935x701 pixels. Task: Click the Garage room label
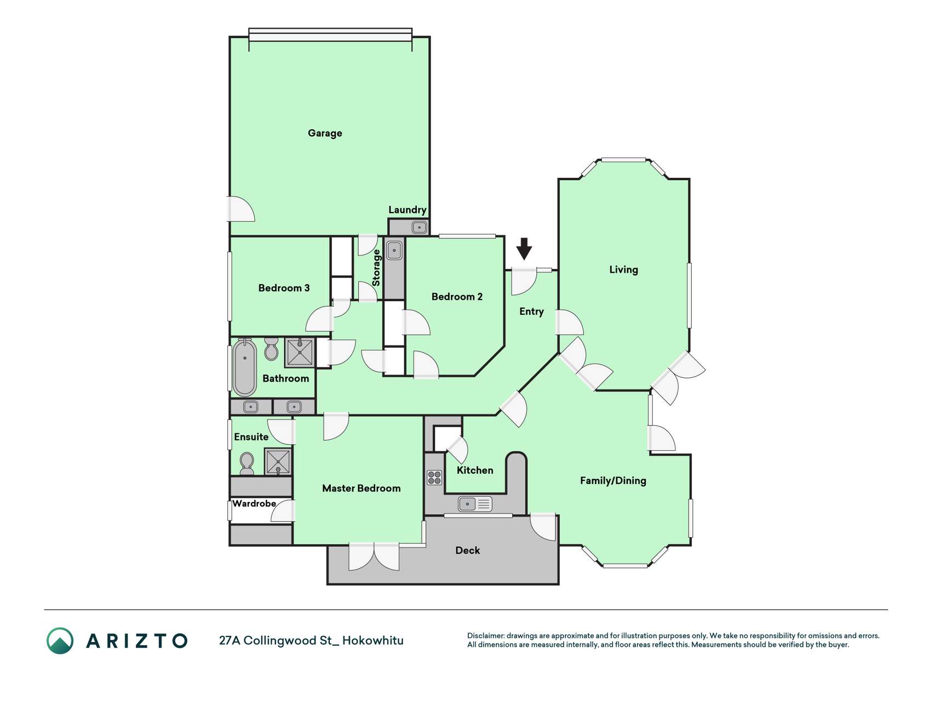click(x=325, y=133)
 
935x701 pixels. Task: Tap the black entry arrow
click(x=524, y=249)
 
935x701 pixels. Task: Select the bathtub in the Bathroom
click(x=245, y=367)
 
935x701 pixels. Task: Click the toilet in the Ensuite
click(x=247, y=463)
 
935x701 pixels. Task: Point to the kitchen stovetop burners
click(x=434, y=478)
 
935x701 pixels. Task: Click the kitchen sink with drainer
click(x=475, y=503)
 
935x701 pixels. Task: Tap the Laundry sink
click(x=420, y=227)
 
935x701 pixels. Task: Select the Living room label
click(x=623, y=269)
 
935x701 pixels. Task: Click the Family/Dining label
click(x=613, y=480)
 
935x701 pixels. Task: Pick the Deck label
click(x=468, y=550)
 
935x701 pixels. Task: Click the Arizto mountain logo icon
click(x=60, y=641)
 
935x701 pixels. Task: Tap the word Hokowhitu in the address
click(x=373, y=641)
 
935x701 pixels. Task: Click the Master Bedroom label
click(x=362, y=489)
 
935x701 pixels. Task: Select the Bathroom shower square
click(x=300, y=352)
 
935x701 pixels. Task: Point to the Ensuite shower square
click(x=278, y=461)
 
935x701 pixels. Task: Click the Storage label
click(x=376, y=268)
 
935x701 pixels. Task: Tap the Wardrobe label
click(x=254, y=503)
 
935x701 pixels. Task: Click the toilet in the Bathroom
click(x=271, y=349)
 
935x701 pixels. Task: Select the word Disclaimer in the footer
click(x=485, y=636)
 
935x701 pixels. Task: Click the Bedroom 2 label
click(x=457, y=297)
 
